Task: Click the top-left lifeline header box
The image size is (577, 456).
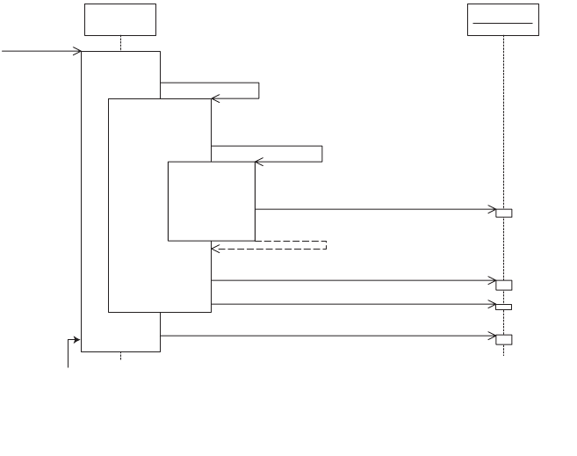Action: (x=120, y=19)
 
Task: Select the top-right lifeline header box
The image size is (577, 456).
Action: (x=502, y=19)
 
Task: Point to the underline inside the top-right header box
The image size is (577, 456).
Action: (x=502, y=22)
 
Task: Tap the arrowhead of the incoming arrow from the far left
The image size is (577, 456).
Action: (x=77, y=51)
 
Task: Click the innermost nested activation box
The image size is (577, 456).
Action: (x=211, y=200)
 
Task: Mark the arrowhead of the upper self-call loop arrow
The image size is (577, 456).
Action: (x=215, y=98)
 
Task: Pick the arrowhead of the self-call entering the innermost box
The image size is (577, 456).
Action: (x=259, y=162)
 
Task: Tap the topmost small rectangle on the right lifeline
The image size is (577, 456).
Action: (x=503, y=213)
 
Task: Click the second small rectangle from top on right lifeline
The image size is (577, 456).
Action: (x=503, y=285)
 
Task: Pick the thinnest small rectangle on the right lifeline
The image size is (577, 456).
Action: (x=503, y=307)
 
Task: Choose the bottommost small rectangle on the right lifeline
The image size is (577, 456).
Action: (x=503, y=339)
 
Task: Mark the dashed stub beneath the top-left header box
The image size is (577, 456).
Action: (x=120, y=43)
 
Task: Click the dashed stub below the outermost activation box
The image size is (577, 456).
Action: (x=120, y=356)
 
